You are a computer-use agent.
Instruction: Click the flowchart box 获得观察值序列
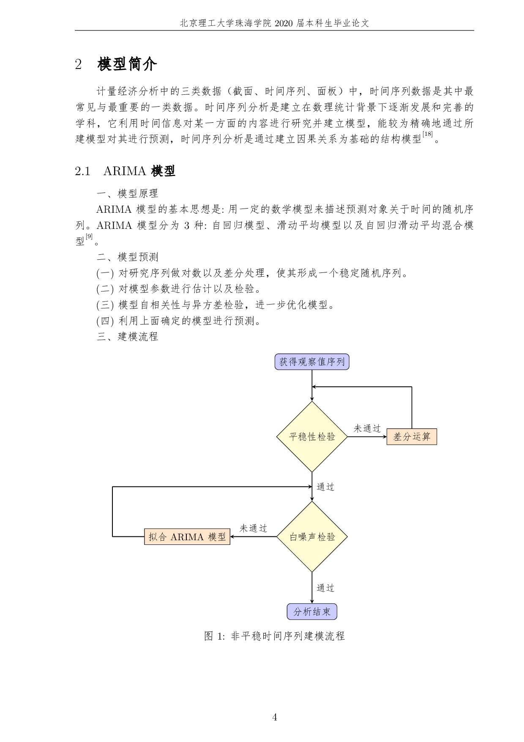(312, 362)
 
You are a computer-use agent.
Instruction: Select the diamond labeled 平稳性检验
(312, 437)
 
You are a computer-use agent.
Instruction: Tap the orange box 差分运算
(412, 437)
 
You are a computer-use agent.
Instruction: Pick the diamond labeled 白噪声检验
(312, 537)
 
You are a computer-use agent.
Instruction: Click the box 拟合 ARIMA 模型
(187, 537)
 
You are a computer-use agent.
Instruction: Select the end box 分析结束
(312, 612)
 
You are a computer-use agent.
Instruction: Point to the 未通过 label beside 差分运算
(367, 429)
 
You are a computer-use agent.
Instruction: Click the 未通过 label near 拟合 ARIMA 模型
(254, 528)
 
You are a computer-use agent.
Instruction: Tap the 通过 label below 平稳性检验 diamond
(325, 487)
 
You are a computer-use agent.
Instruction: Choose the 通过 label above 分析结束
(325, 588)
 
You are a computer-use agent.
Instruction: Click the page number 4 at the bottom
(275, 717)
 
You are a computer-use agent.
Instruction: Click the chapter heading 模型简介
(127, 64)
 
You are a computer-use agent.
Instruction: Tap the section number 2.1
(83, 171)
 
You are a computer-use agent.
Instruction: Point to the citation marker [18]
(427, 135)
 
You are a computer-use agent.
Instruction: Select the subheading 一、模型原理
(127, 193)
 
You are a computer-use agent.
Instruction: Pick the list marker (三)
(105, 305)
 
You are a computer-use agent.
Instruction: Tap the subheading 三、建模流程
(127, 337)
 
